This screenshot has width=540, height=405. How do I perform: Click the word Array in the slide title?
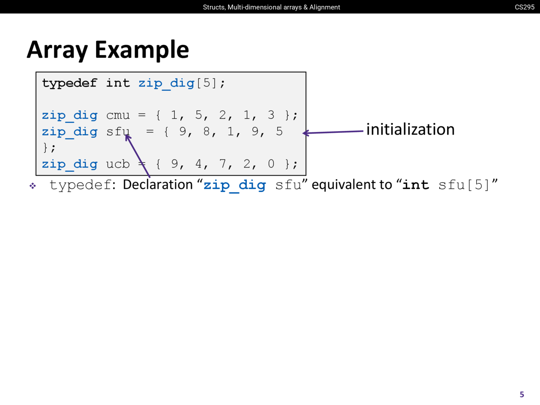(57, 50)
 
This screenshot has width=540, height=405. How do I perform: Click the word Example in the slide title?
(142, 50)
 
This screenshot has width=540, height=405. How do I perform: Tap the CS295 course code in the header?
(524, 7)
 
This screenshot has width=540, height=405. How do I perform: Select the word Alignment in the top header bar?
(325, 7)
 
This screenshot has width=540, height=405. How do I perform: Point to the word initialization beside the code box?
(410, 130)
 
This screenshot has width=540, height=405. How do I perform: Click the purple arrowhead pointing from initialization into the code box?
(306, 133)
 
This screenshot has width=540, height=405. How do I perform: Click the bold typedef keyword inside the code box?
(69, 84)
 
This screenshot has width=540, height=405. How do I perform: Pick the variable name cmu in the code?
(118, 115)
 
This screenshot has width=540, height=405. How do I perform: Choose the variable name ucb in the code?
(118, 164)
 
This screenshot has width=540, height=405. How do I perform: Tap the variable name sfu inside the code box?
(118, 131)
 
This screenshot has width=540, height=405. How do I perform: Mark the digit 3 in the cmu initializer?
(271, 115)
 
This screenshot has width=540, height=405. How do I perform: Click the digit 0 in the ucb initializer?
(271, 164)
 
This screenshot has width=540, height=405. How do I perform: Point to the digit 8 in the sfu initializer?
(206, 131)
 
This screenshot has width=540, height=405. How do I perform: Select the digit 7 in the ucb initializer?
(222, 164)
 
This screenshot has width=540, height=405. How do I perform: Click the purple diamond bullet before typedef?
(32, 186)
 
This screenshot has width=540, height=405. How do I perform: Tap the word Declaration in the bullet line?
(158, 184)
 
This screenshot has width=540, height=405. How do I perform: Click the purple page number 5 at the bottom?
(522, 394)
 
